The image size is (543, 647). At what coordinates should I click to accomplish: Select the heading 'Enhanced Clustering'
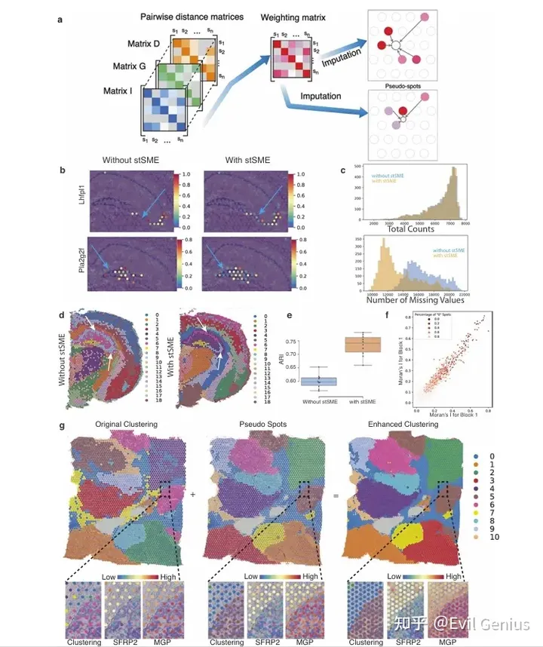402,424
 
